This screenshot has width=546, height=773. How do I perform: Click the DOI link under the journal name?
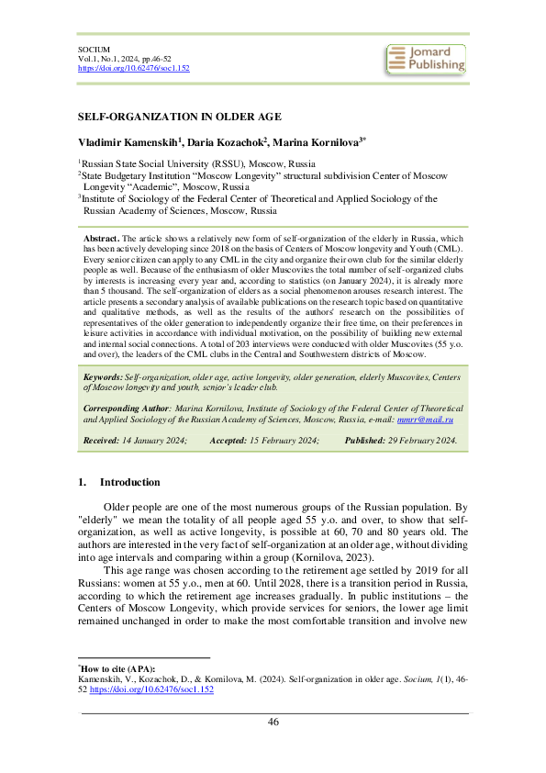[x=133, y=68]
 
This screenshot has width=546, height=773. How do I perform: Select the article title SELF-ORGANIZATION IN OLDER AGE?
[x=179, y=117]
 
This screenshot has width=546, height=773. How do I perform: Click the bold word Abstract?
[x=101, y=237]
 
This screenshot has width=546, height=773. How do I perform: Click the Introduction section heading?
[x=129, y=482]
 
